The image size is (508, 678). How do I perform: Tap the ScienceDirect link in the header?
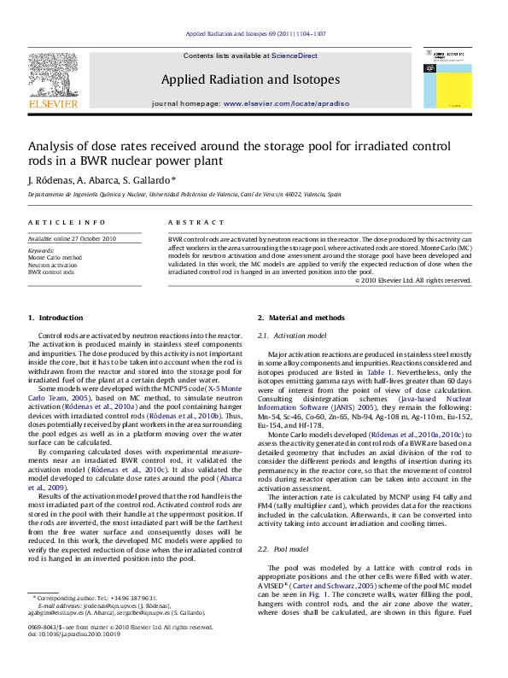pos(294,56)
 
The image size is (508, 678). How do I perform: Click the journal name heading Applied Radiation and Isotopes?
pos(250,79)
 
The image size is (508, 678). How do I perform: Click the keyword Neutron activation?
pos(54,265)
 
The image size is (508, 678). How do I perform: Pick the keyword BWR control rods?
pos(51,272)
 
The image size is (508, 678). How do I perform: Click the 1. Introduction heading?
pos(55,318)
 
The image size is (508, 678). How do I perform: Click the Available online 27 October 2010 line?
pos(72,238)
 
